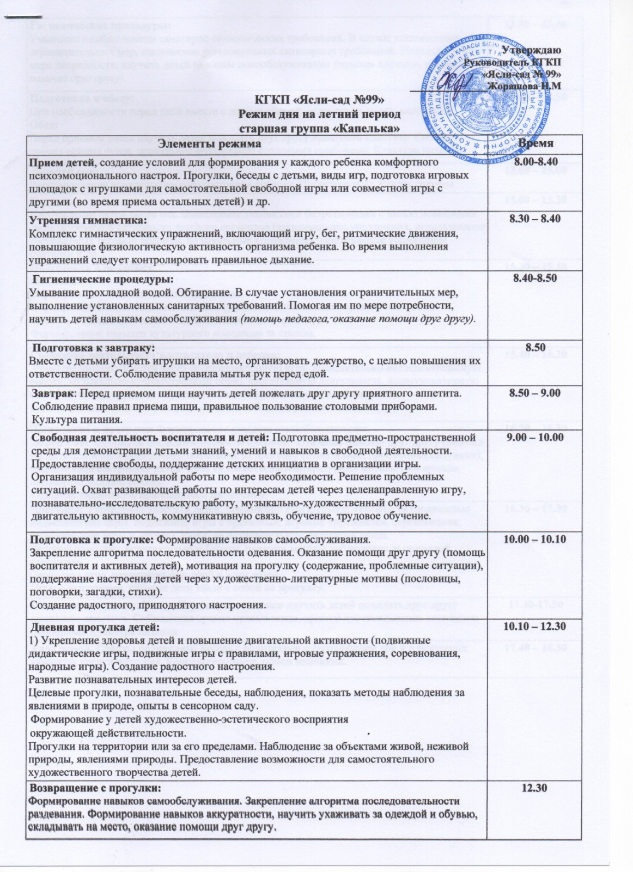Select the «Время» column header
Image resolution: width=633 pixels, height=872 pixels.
[x=536, y=143]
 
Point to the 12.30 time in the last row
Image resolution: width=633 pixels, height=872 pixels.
[x=534, y=789]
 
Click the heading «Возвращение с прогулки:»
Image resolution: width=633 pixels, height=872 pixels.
[x=95, y=789]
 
